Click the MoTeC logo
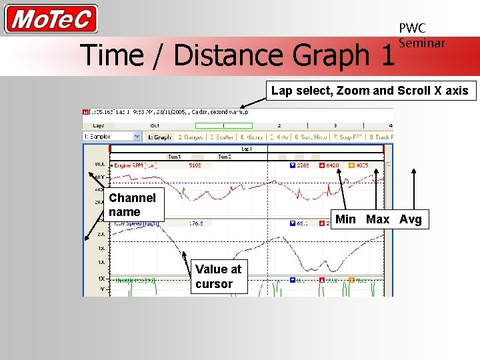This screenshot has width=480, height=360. [51, 19]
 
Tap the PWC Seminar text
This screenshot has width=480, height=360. [421, 35]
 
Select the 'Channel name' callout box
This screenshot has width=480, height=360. [133, 205]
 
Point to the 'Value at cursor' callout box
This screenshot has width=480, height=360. [218, 277]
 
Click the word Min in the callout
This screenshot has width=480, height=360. [345, 219]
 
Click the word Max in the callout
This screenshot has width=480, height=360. [377, 219]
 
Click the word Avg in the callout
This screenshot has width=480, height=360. [410, 219]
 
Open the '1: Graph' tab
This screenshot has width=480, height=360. [159, 137]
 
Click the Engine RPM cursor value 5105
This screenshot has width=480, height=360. [195, 165]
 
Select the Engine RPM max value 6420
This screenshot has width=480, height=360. [332, 165]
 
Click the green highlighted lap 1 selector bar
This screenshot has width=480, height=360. [223, 125]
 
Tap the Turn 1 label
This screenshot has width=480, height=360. [174, 157]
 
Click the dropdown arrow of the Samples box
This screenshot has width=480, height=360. [137, 137]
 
